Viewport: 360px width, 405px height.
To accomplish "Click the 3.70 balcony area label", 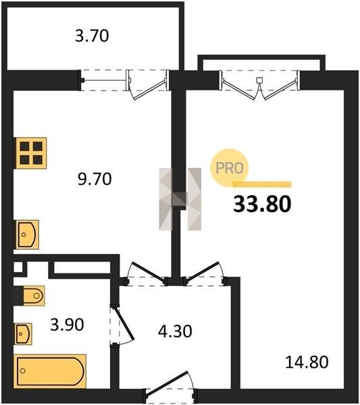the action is (92, 36).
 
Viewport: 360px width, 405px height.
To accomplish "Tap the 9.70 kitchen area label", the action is (95, 179).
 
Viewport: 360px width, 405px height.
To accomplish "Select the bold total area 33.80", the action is (262, 204).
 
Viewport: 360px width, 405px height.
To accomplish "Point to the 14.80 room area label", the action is (307, 362).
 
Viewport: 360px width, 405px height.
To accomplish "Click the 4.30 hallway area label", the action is (175, 331).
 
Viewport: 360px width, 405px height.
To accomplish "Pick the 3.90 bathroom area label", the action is (67, 325).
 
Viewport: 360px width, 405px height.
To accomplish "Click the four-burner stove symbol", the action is (30, 153).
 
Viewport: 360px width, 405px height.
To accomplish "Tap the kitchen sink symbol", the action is (28, 234).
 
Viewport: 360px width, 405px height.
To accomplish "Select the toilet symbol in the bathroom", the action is (34, 296).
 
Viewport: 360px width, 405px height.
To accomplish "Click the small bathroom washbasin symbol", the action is (24, 333).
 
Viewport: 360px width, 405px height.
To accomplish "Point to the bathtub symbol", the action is (50, 371).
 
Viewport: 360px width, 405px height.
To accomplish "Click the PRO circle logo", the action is (229, 168).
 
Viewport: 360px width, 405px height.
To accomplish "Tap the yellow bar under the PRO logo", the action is (262, 184).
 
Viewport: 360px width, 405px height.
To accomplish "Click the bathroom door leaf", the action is (124, 323).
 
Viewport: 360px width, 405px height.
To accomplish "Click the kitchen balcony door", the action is (147, 85).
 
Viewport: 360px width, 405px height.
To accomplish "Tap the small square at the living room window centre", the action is (259, 80).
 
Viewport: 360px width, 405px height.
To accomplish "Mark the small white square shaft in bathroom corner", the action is (18, 267).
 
